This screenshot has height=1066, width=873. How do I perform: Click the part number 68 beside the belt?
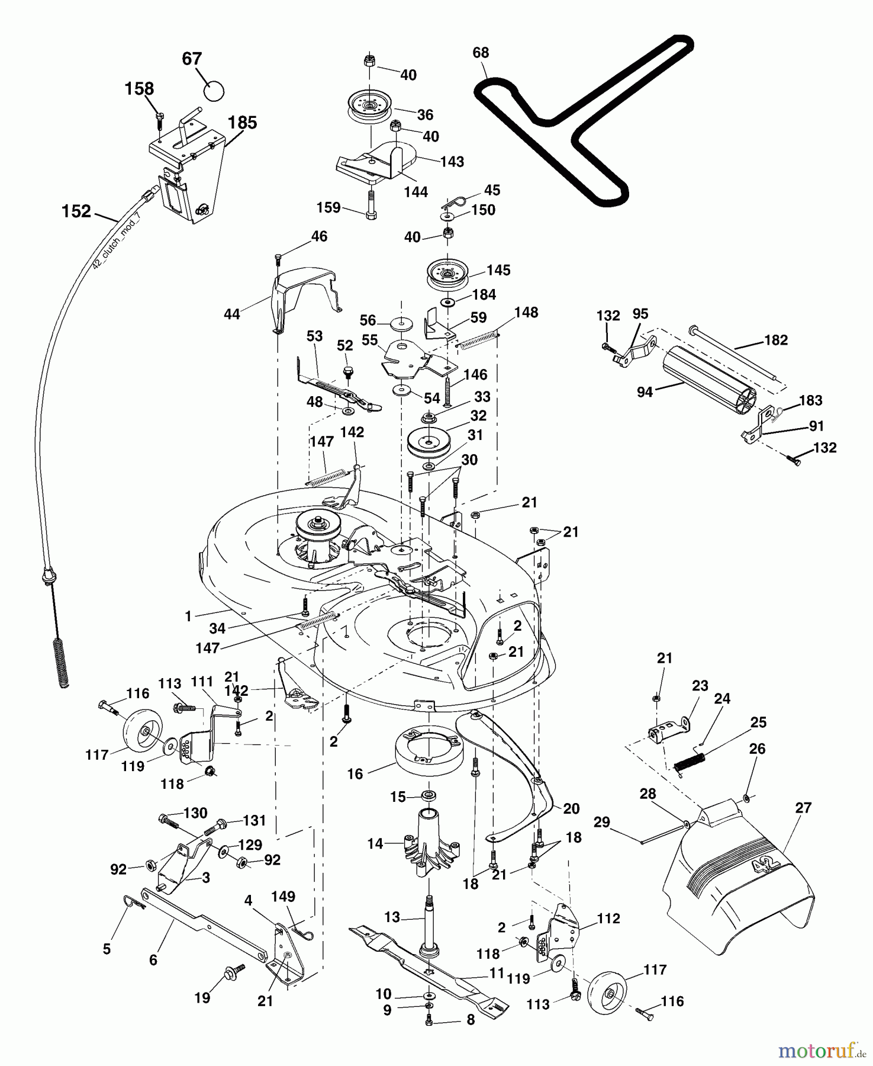click(x=481, y=53)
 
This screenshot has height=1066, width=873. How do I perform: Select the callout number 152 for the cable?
click(x=76, y=211)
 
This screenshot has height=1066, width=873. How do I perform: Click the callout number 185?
click(x=243, y=123)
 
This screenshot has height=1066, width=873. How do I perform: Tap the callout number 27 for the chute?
click(x=803, y=808)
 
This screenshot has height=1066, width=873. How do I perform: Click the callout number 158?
click(x=139, y=88)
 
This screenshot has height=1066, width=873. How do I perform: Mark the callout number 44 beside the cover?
click(x=231, y=314)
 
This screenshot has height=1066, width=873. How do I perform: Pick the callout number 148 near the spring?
click(x=526, y=312)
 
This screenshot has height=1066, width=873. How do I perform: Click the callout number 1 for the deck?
click(x=188, y=617)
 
